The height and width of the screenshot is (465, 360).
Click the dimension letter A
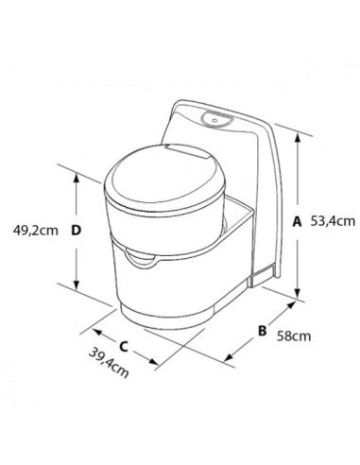(297, 221)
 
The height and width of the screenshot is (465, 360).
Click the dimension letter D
(77, 228)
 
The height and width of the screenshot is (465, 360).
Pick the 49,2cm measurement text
(34, 228)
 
